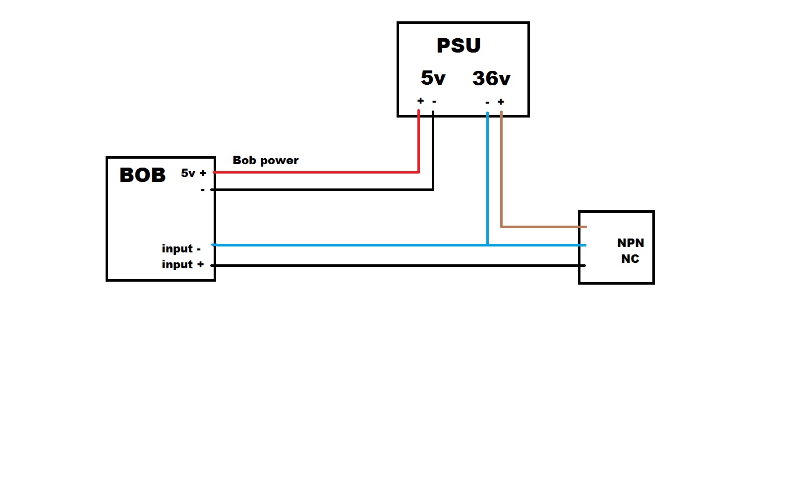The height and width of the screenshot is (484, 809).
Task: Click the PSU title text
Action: pyautogui.click(x=459, y=46)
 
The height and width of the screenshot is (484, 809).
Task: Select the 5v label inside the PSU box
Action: pyautogui.click(x=433, y=78)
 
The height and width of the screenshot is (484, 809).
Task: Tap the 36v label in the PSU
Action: pyautogui.click(x=491, y=78)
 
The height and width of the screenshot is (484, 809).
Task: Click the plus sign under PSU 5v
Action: pyautogui.click(x=420, y=101)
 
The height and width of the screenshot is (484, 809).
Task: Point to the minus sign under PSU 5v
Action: pyautogui.click(x=434, y=102)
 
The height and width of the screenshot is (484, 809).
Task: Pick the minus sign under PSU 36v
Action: pyautogui.click(x=487, y=103)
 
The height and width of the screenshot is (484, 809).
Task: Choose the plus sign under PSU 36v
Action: pyautogui.click(x=501, y=102)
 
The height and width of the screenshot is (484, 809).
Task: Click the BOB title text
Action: pyautogui.click(x=142, y=175)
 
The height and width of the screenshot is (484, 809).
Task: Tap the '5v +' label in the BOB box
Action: pyautogui.click(x=193, y=173)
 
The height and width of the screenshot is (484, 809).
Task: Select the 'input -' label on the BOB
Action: pyautogui.click(x=181, y=248)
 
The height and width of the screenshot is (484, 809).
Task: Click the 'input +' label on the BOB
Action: pyautogui.click(x=182, y=264)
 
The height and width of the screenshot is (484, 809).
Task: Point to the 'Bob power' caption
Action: pyautogui.click(x=266, y=160)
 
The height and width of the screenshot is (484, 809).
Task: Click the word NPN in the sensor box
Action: pyautogui.click(x=631, y=243)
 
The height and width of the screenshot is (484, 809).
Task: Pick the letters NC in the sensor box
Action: pyautogui.click(x=630, y=259)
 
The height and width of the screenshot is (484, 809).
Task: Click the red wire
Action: pyautogui.click(x=317, y=172)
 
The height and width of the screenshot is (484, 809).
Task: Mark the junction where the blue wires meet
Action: pyautogui.click(x=488, y=245)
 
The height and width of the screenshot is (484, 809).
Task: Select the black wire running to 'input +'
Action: pyautogui.click(x=397, y=265)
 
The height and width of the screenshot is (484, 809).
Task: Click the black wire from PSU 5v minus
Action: pyautogui.click(x=322, y=189)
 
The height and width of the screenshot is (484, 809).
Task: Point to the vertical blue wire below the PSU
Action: pyautogui.click(x=488, y=179)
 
